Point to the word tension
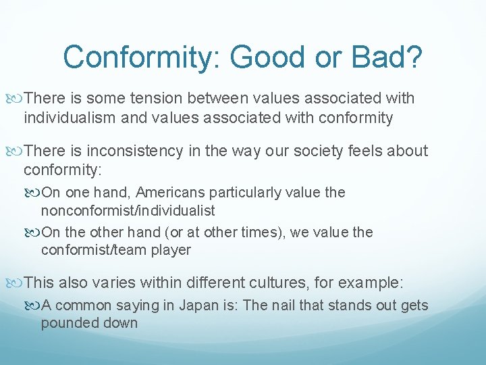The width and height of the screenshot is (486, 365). pyautogui.click(x=155, y=99)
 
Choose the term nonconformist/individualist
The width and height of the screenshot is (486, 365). pyautogui.click(x=128, y=211)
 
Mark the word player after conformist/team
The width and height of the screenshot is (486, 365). pyautogui.click(x=171, y=250)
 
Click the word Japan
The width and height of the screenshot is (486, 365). pyautogui.click(x=200, y=306)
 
